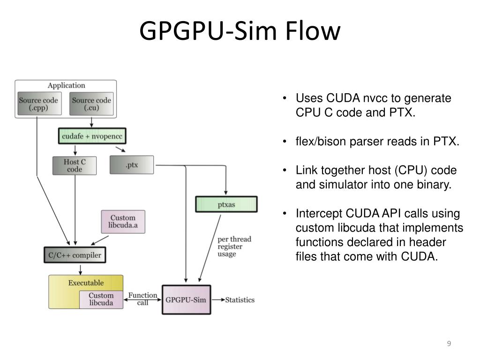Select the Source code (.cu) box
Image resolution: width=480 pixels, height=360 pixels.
[91, 104]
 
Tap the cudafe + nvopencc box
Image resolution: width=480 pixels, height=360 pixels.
[92, 136]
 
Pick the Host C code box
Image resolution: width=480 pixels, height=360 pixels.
[75, 165]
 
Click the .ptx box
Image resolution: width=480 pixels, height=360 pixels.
[132, 165]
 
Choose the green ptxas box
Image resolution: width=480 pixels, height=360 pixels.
[226, 204]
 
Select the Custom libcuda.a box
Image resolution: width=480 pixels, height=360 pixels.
[123, 222]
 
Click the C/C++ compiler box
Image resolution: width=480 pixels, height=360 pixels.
[75, 255]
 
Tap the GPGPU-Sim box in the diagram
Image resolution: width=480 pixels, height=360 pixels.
[186, 300]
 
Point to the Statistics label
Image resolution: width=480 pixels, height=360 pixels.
[240, 300]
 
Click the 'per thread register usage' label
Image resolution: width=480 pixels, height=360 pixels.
[234, 247]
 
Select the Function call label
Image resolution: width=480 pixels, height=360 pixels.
[142, 299]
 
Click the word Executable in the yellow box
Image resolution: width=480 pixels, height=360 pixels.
[86, 283]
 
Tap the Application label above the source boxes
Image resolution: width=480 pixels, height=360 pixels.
[66, 85]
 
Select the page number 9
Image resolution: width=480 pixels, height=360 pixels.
[449, 344]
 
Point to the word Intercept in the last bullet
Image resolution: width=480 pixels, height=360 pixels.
[318, 213]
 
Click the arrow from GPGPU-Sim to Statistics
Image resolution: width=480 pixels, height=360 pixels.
[218, 300]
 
